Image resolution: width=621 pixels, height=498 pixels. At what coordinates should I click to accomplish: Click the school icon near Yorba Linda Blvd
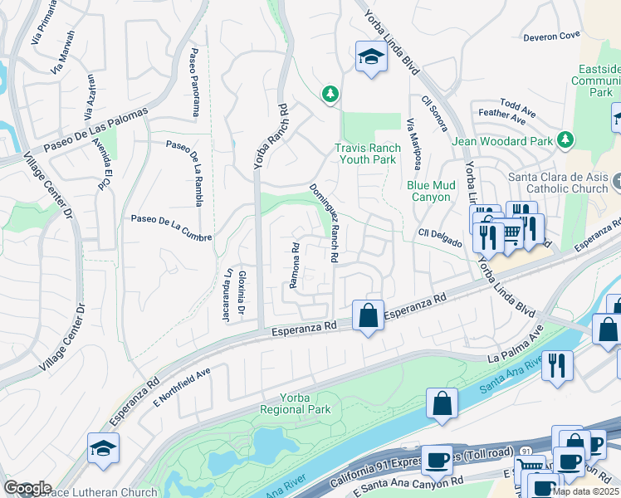tap(370, 56)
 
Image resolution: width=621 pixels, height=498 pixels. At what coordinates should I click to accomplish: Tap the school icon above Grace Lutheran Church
tap(104, 449)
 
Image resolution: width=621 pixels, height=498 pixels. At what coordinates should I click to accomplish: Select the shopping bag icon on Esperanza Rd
tap(368, 315)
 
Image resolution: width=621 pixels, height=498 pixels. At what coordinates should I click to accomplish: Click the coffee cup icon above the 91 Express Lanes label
tap(437, 459)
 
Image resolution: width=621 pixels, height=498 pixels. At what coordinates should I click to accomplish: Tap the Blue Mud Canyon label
tap(428, 191)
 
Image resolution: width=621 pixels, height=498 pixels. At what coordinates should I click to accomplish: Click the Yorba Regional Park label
tap(295, 403)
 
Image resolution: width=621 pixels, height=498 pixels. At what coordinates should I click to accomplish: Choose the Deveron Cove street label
tap(550, 37)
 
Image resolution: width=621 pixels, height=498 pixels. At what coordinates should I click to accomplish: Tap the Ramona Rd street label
tap(294, 265)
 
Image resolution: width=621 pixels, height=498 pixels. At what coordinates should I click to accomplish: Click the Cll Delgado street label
tap(439, 236)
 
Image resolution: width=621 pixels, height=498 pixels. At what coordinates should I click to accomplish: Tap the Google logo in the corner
tap(27, 488)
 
